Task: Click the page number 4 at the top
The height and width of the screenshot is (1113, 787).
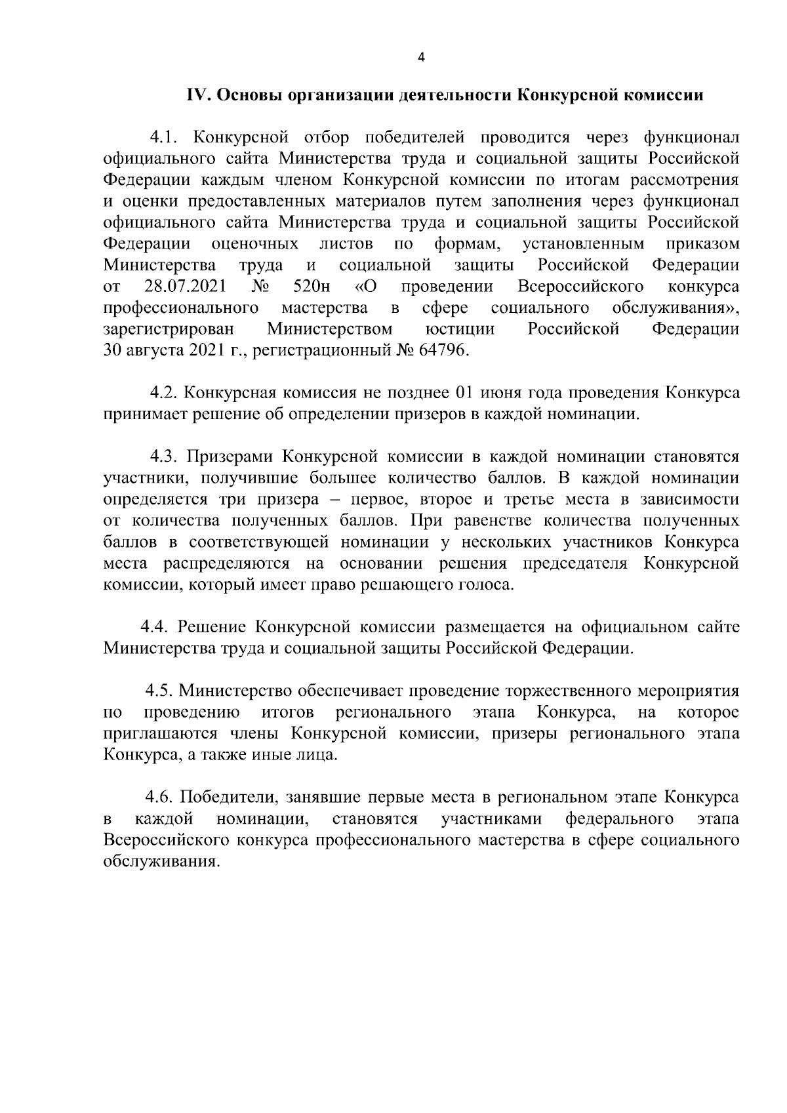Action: click(x=421, y=58)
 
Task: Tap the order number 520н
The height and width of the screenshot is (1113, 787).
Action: click(x=308, y=287)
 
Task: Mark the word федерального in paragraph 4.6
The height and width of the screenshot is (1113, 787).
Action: click(x=619, y=819)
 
